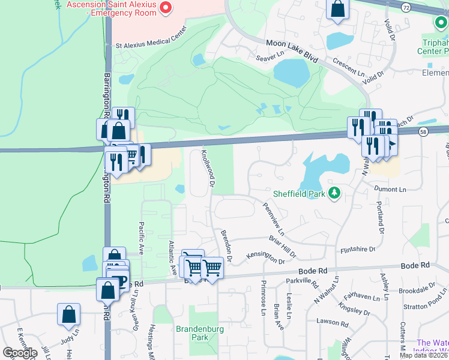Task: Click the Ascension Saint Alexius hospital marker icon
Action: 166,8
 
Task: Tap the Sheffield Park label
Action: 298,194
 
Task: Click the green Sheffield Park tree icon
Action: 334,193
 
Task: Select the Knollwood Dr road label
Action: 207,168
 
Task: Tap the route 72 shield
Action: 406,7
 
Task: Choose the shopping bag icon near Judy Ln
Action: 69,314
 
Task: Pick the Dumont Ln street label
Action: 391,189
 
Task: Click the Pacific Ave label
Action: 141,239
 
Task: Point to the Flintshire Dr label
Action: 358,248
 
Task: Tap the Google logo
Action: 20,353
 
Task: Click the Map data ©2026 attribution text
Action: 423,355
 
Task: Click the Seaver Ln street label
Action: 269,56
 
